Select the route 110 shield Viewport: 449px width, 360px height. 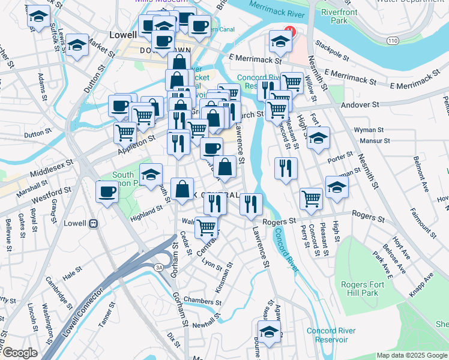pos(393,40)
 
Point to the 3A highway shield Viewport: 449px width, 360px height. pos(158,267)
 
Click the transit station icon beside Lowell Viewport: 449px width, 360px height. pos(94,224)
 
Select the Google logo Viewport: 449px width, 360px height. pos(20,353)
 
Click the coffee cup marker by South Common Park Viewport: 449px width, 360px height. pos(108,192)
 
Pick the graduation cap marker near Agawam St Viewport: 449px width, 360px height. pos(270,332)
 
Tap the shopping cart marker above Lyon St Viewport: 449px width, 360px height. pos(206,227)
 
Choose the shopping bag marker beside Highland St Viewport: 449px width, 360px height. pos(182,189)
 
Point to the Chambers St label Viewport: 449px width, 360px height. pos(199,301)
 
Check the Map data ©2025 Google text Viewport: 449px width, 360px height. pos(411,355)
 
